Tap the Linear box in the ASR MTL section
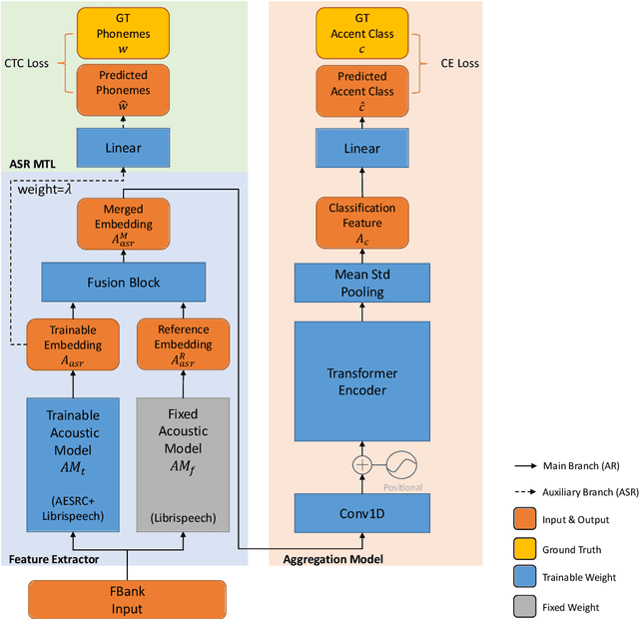[124, 148]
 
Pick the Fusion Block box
[124, 282]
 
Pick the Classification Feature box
[361, 221]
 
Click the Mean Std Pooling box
[361, 282]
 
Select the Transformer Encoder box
[361, 381]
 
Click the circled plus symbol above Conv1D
[360, 464]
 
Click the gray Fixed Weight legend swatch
[523, 605]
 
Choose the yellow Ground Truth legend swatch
[523, 548]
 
